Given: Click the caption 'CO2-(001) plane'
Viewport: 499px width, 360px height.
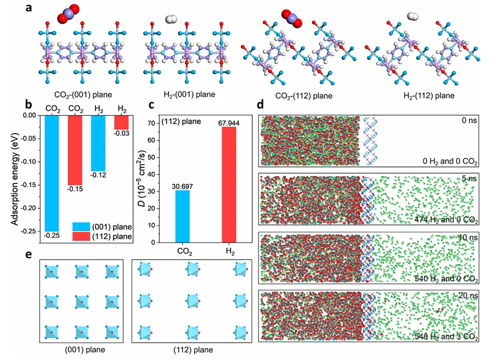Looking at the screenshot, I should pos(81,94).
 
